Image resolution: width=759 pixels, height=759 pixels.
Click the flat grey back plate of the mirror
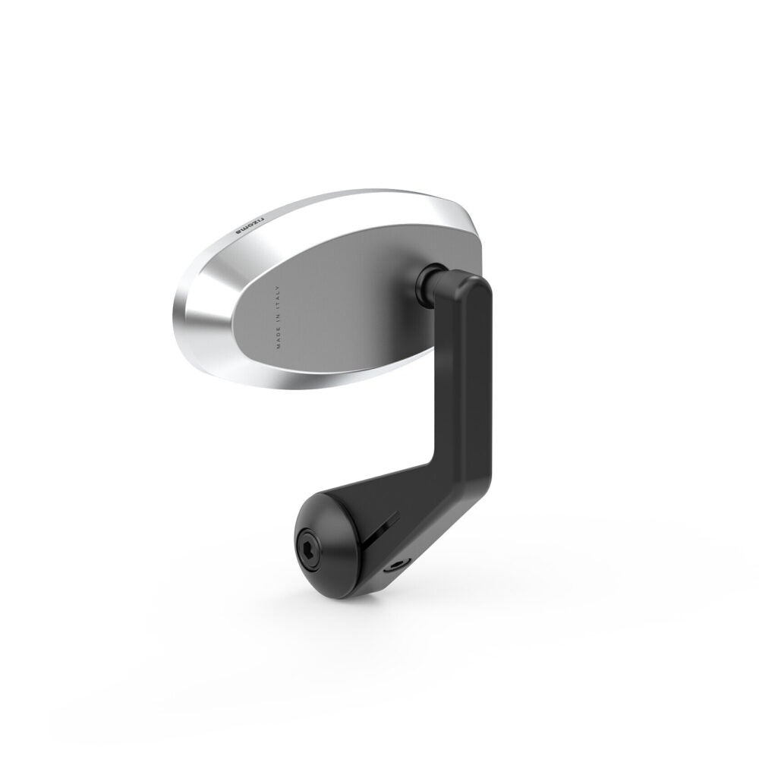342,304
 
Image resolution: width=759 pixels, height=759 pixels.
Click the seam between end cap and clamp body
355,531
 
